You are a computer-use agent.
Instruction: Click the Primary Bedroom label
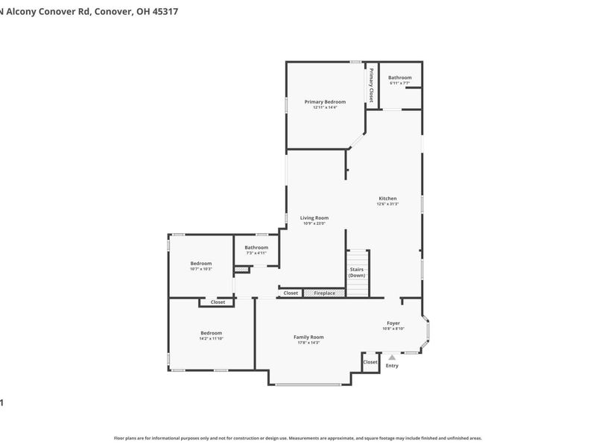(x=325, y=101)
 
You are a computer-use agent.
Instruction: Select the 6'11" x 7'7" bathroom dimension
(x=399, y=83)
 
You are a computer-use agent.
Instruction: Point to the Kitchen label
(x=388, y=198)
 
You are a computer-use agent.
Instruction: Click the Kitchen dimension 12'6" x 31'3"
(x=388, y=203)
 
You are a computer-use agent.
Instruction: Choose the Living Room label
(x=314, y=218)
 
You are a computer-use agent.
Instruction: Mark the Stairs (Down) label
(x=357, y=273)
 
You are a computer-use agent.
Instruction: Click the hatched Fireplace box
(x=324, y=294)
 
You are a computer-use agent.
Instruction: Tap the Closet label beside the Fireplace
(x=291, y=294)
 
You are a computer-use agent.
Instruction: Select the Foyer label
(x=393, y=323)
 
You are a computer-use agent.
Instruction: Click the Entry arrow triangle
(x=392, y=358)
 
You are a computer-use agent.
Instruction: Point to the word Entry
(x=392, y=366)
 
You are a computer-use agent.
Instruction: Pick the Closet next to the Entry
(x=370, y=362)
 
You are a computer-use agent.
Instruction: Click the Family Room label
(x=308, y=337)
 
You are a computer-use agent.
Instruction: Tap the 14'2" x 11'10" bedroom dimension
(x=211, y=338)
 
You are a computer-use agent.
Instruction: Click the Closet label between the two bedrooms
(x=218, y=302)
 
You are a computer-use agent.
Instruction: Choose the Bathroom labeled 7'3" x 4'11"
(x=256, y=247)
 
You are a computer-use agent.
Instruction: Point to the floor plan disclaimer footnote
(x=297, y=438)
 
